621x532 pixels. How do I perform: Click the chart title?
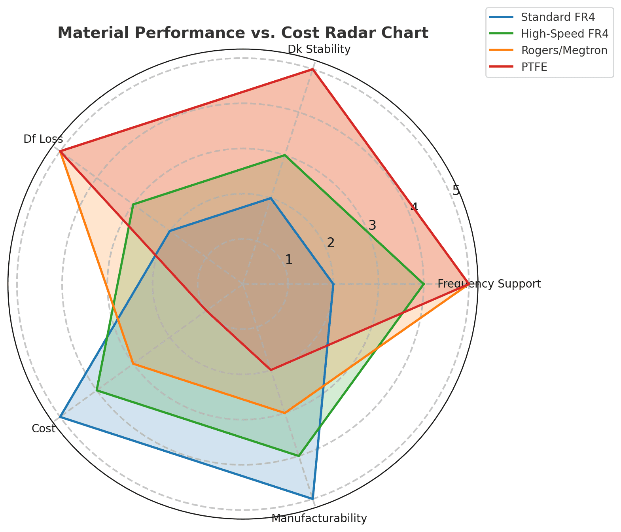[243, 33]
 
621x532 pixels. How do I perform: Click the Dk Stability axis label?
[319, 49]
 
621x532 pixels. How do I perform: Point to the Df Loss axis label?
[43, 139]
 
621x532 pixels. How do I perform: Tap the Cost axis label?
[44, 428]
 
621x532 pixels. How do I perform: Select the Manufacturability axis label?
[319, 518]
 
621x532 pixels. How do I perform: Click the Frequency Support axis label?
[489, 284]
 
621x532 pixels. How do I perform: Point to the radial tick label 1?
[289, 260]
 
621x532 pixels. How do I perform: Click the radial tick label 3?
[372, 225]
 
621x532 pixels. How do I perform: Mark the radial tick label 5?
[456, 190]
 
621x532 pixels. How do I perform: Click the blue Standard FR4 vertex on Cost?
[60, 417]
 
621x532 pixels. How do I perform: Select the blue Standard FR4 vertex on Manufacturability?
[312, 498]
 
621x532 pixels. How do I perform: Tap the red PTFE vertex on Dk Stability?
[313, 69]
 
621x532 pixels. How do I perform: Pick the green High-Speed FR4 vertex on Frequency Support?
[424, 284]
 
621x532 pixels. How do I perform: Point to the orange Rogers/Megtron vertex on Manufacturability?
[285, 413]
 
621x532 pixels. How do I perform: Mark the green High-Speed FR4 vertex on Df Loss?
[133, 204]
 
